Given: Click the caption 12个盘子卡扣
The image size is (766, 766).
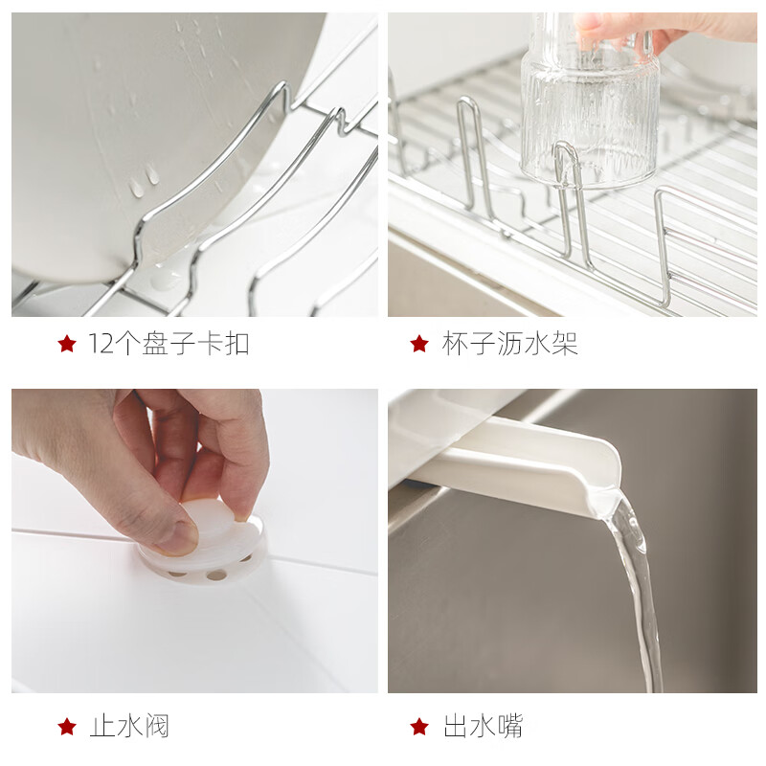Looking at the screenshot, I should [x=169, y=344].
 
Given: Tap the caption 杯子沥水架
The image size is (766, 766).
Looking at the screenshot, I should [x=509, y=344].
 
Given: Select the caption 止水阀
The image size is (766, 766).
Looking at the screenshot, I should [x=129, y=726].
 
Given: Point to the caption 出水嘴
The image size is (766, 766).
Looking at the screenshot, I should [x=483, y=726].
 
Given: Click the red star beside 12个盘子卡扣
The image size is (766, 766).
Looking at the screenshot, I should [x=66, y=344].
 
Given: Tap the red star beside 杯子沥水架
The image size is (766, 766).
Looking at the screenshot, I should [x=418, y=344].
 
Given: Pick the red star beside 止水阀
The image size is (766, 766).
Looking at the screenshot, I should [x=66, y=727].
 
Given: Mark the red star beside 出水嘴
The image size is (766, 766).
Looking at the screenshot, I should [x=418, y=727].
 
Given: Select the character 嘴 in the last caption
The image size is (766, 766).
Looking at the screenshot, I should [x=509, y=726].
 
